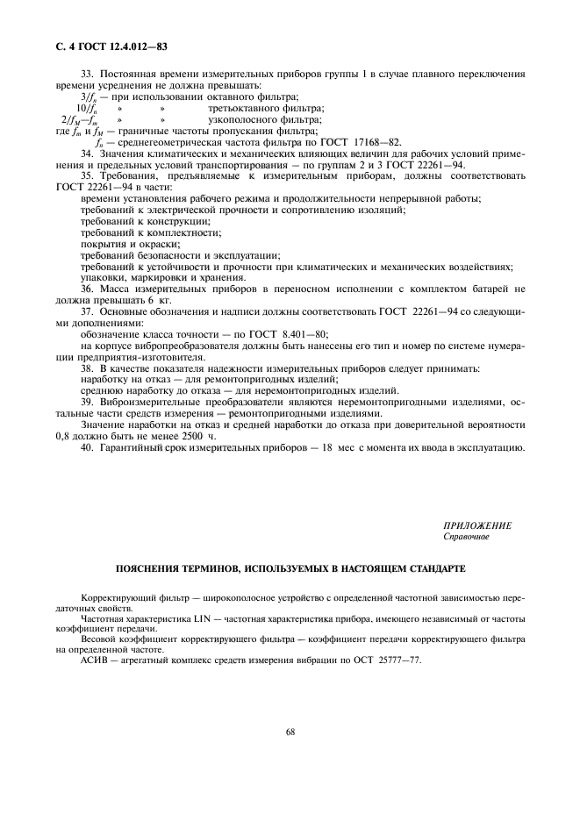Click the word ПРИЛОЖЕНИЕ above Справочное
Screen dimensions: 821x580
(477, 525)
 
